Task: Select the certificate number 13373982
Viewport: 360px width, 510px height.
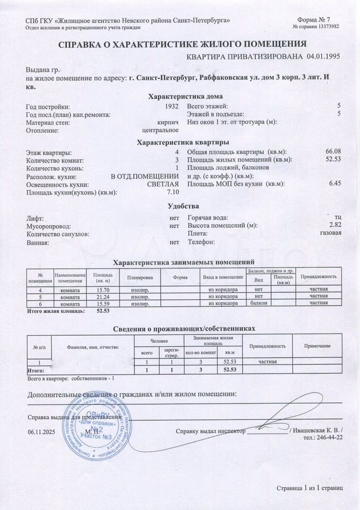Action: pos(327,27)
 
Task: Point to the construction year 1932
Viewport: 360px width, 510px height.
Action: pos(172,106)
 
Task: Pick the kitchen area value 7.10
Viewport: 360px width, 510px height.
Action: pos(173,192)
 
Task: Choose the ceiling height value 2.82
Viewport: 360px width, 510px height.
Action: pos(335,225)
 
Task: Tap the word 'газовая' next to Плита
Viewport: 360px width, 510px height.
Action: pos(330,233)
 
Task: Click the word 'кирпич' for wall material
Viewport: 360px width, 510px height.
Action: pos(169,122)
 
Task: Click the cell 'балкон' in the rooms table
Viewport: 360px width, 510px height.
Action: pos(259,303)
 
